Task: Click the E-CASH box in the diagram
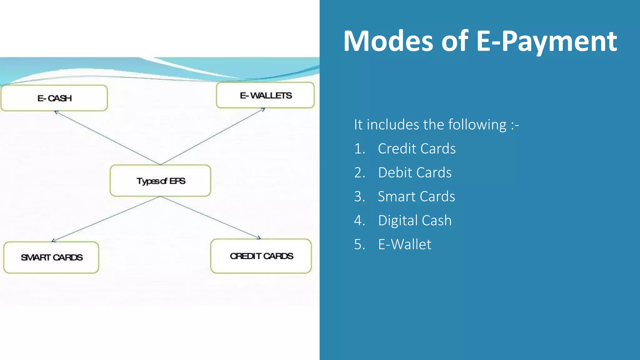[54, 98]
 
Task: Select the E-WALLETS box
[265, 95]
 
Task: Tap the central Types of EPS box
[160, 181]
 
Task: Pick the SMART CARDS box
[51, 257]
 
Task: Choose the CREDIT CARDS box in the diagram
[261, 256]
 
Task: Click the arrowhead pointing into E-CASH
[56, 112]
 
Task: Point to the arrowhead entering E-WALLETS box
[263, 109]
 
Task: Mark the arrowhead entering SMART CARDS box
[53, 240]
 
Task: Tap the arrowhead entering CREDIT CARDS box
[259, 238]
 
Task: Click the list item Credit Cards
[417, 148]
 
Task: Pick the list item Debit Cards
[415, 172]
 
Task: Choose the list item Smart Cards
[416, 197]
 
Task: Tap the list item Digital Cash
[415, 220]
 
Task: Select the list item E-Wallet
[404, 244]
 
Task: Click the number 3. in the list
[359, 197]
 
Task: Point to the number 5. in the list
[359, 244]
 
